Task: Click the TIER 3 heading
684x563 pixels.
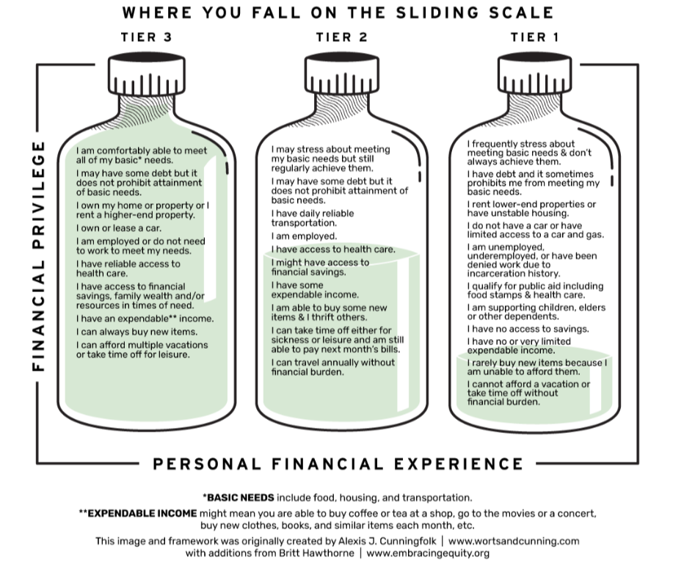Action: click(146, 37)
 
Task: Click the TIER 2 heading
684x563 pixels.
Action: click(342, 37)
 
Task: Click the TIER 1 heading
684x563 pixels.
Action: click(535, 37)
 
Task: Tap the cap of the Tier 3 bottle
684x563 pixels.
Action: click(145, 71)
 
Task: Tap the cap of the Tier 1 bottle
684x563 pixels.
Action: click(535, 71)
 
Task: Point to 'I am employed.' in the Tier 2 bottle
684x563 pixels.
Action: click(304, 236)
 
